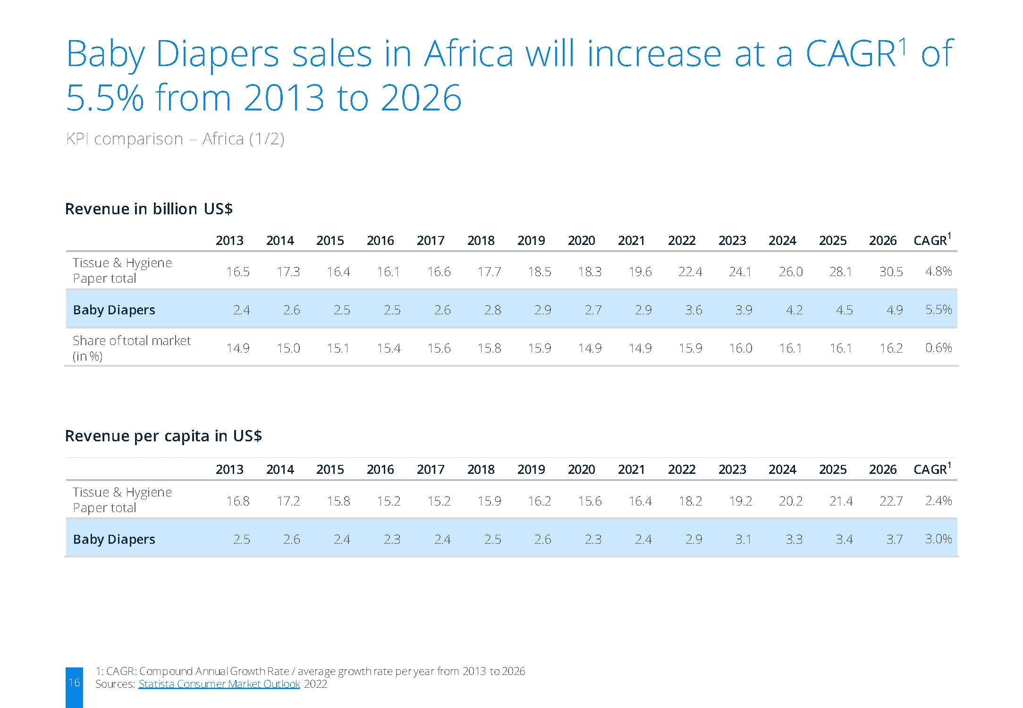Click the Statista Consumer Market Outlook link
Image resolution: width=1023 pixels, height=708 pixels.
[219, 684]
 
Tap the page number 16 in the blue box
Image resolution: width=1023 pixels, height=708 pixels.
[74, 682]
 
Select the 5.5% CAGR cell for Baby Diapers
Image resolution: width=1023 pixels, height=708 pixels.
[938, 310]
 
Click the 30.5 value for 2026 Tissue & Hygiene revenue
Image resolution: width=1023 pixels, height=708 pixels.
[891, 271]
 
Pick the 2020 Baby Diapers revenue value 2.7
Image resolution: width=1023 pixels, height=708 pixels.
[593, 310]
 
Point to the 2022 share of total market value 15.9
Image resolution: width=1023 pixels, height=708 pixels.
[690, 348]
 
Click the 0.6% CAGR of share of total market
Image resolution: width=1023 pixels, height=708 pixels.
[938, 348]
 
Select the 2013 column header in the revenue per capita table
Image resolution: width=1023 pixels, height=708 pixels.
[229, 470]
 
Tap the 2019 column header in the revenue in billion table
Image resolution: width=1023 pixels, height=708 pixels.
[531, 241]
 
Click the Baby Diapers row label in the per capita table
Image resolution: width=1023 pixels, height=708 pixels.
[114, 539]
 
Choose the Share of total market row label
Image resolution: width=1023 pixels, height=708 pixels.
[131, 348]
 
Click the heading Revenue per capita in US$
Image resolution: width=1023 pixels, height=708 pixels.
[163, 436]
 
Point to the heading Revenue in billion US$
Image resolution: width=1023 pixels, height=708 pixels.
[149, 209]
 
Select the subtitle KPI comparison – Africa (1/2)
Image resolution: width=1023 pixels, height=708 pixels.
[175, 139]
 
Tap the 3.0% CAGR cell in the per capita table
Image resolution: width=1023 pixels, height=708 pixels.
[938, 539]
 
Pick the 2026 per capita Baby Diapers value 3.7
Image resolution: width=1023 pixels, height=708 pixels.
[894, 539]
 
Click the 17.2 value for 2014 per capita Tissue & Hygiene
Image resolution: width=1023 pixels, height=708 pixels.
[288, 501]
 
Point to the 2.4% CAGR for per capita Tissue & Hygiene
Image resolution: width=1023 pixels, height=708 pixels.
[938, 500]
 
